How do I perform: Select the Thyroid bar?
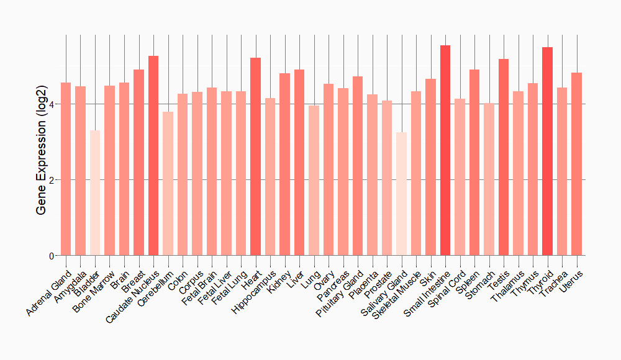click(x=547, y=151)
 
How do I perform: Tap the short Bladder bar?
click(x=95, y=193)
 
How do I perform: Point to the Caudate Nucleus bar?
click(x=153, y=156)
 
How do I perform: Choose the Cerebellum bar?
click(x=168, y=184)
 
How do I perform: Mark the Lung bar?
click(x=314, y=181)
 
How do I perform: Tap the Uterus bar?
click(x=576, y=164)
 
